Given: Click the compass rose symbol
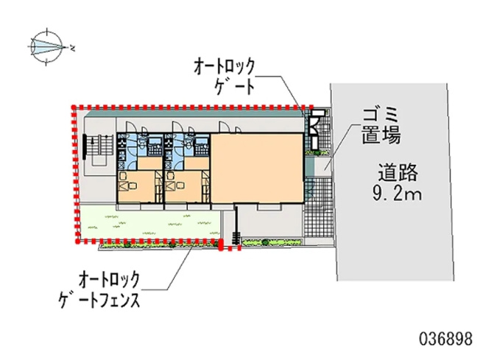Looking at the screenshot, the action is pyautogui.click(x=47, y=47).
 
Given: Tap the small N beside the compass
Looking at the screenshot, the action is pyautogui.click(x=73, y=48).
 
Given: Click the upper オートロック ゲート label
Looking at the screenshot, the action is pyautogui.click(x=225, y=77).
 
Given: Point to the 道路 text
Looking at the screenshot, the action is pyautogui.click(x=398, y=173).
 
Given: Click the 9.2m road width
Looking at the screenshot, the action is pyautogui.click(x=397, y=194).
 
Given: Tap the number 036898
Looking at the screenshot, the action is pyautogui.click(x=445, y=339).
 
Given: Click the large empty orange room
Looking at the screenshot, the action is pyautogui.click(x=257, y=168).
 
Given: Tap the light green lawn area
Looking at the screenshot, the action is pyautogui.click(x=150, y=222).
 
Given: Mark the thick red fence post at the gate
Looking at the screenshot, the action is pyautogui.click(x=220, y=244).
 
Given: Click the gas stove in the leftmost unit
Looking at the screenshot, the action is pyautogui.click(x=121, y=143).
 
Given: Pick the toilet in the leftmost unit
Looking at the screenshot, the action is pyautogui.click(x=142, y=141).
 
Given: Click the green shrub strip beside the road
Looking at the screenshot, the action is pyautogui.click(x=272, y=242).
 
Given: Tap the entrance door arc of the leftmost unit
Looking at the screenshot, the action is pyautogui.click(x=132, y=127).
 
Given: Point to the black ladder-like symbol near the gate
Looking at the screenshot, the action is pyautogui.click(x=236, y=238).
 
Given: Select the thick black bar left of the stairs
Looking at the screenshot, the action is pyautogui.click(x=84, y=147).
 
